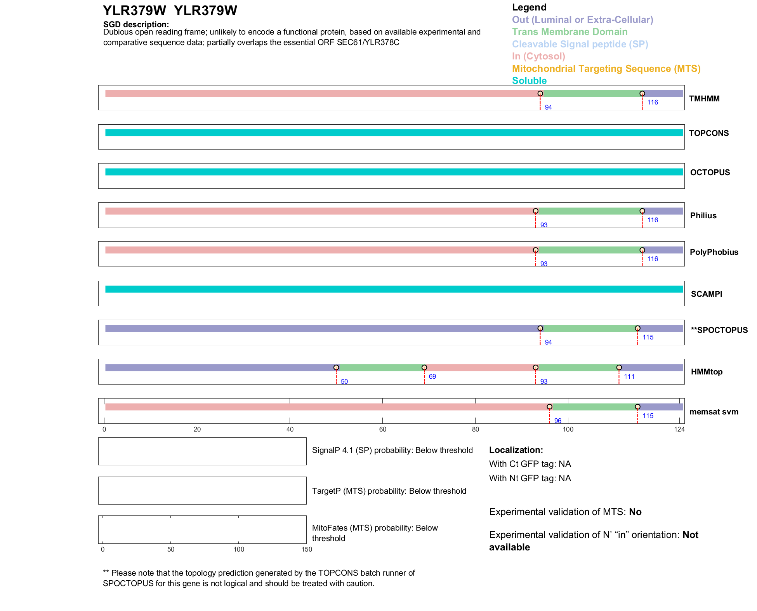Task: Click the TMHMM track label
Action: [x=704, y=99]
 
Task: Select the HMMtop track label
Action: [x=707, y=372]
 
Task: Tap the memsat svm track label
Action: [x=714, y=412]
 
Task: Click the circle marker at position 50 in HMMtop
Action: [x=336, y=367]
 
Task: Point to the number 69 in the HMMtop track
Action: [x=432, y=376]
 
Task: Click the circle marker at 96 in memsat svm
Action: [x=549, y=407]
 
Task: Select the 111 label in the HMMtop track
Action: [x=629, y=376]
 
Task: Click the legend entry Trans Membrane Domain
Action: [x=569, y=32]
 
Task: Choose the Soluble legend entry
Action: [x=529, y=80]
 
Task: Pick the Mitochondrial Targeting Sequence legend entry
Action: [x=606, y=68]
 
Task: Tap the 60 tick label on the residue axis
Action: [x=383, y=429]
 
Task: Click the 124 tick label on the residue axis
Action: [x=679, y=429]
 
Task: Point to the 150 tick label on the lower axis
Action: [x=307, y=549]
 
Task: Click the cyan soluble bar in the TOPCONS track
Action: [x=394, y=133]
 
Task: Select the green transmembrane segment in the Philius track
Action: [x=589, y=211]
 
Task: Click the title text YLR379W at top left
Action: [x=134, y=10]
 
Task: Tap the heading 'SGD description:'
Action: [x=136, y=24]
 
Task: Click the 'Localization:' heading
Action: [x=516, y=450]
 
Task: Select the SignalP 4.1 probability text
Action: [x=392, y=450]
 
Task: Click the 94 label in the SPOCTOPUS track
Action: [x=548, y=342]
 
